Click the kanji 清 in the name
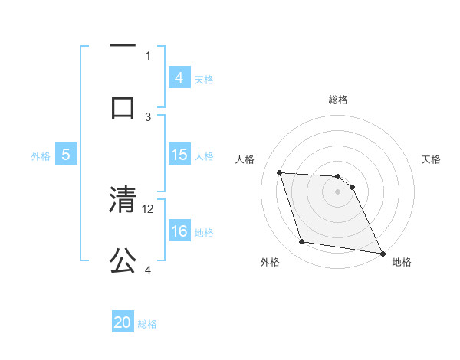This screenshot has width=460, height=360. pyautogui.click(x=123, y=201)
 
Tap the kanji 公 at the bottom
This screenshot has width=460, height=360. pyautogui.click(x=123, y=261)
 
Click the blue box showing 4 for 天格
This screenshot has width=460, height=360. pyautogui.click(x=179, y=78)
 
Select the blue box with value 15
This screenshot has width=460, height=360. pyautogui.click(x=179, y=155)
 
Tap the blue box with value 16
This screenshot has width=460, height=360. pyautogui.click(x=179, y=231)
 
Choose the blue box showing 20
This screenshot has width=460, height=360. pyautogui.click(x=123, y=322)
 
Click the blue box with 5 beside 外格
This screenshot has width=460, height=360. pyautogui.click(x=66, y=155)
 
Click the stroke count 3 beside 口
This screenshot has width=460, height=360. pyautogui.click(x=148, y=116)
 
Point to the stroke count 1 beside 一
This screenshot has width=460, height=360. pyautogui.click(x=148, y=55)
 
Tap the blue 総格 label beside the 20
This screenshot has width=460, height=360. pyautogui.click(x=148, y=324)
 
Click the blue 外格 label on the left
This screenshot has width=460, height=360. pyautogui.click(x=41, y=155)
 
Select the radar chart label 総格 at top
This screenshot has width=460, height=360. pyautogui.click(x=337, y=100)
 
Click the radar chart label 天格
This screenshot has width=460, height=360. pyautogui.click(x=432, y=159)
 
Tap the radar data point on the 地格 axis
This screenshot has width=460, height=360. pyautogui.click(x=381, y=253)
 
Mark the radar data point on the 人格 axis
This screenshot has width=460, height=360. pyautogui.click(x=280, y=173)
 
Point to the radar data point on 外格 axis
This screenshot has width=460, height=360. pyautogui.click(x=301, y=242)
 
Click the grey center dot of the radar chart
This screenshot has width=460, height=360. pyautogui.click(x=337, y=191)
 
